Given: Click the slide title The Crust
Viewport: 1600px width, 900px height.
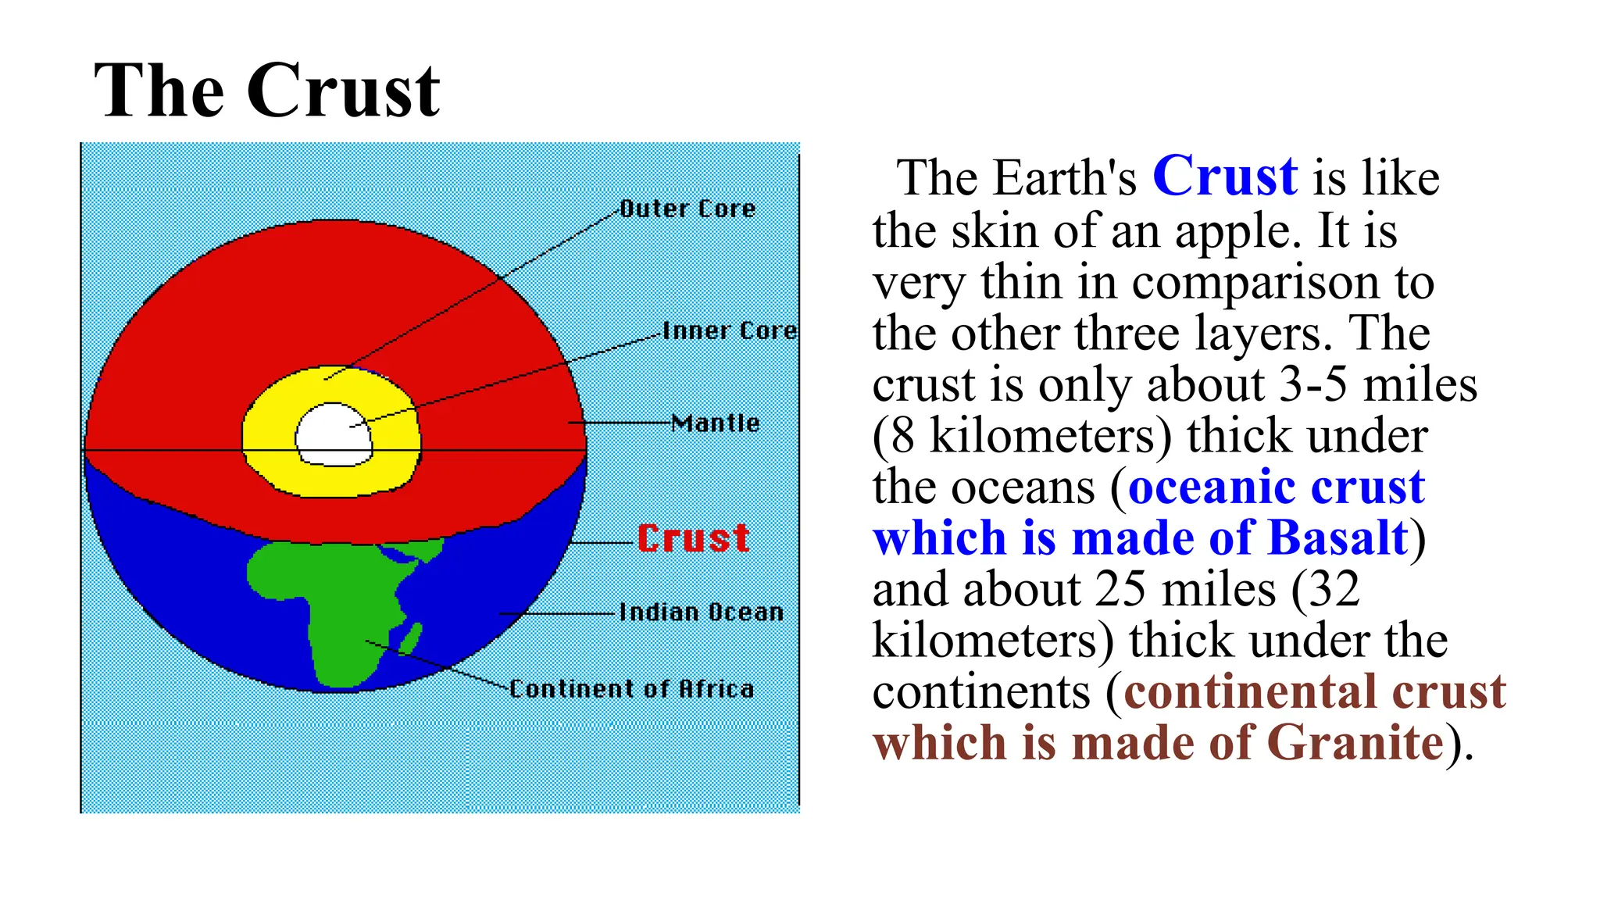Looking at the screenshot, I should tap(266, 91).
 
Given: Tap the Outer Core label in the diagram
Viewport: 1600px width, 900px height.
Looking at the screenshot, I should tap(687, 209).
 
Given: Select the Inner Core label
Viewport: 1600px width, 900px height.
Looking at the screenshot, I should tap(730, 330).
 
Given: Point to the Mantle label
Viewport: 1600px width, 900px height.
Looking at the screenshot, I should tap(716, 423).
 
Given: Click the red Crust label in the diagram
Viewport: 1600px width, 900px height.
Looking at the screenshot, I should tap(694, 538).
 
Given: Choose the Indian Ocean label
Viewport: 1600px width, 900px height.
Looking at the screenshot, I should tap(701, 612).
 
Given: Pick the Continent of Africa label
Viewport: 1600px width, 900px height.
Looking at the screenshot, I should tap(631, 688).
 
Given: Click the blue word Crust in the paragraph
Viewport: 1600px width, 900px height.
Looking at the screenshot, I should tap(1224, 177).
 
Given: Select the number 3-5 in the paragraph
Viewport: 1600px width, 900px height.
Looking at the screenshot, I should tap(1312, 384).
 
